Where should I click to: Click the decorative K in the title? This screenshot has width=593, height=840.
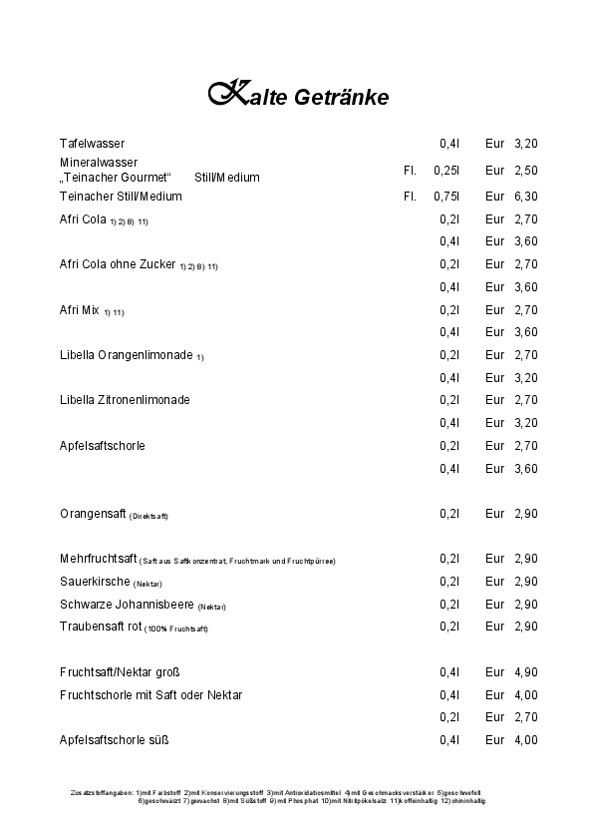pos(228,94)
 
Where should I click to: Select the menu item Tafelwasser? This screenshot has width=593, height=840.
pos(92,144)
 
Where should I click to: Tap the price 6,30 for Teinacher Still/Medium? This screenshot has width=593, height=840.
pos(525,197)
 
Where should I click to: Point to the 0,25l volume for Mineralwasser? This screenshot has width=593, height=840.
pos(445,171)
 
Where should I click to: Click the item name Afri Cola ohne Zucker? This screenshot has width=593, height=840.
pos(118,264)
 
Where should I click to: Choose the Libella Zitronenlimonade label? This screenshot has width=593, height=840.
pos(125,400)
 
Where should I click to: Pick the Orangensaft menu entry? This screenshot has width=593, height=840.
pos(93,514)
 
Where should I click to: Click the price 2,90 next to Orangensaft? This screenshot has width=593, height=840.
pos(525,514)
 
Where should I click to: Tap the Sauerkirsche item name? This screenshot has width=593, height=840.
pos(95,582)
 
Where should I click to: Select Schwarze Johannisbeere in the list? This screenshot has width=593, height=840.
pos(127,605)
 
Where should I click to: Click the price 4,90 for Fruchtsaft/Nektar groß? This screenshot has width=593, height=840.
pos(525,672)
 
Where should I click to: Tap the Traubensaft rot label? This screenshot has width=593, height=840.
pos(101,627)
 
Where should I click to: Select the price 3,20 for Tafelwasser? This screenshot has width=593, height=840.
pos(525,144)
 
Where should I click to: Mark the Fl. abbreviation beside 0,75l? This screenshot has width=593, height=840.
pos(410,197)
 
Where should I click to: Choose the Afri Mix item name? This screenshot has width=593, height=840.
pos(80,310)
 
